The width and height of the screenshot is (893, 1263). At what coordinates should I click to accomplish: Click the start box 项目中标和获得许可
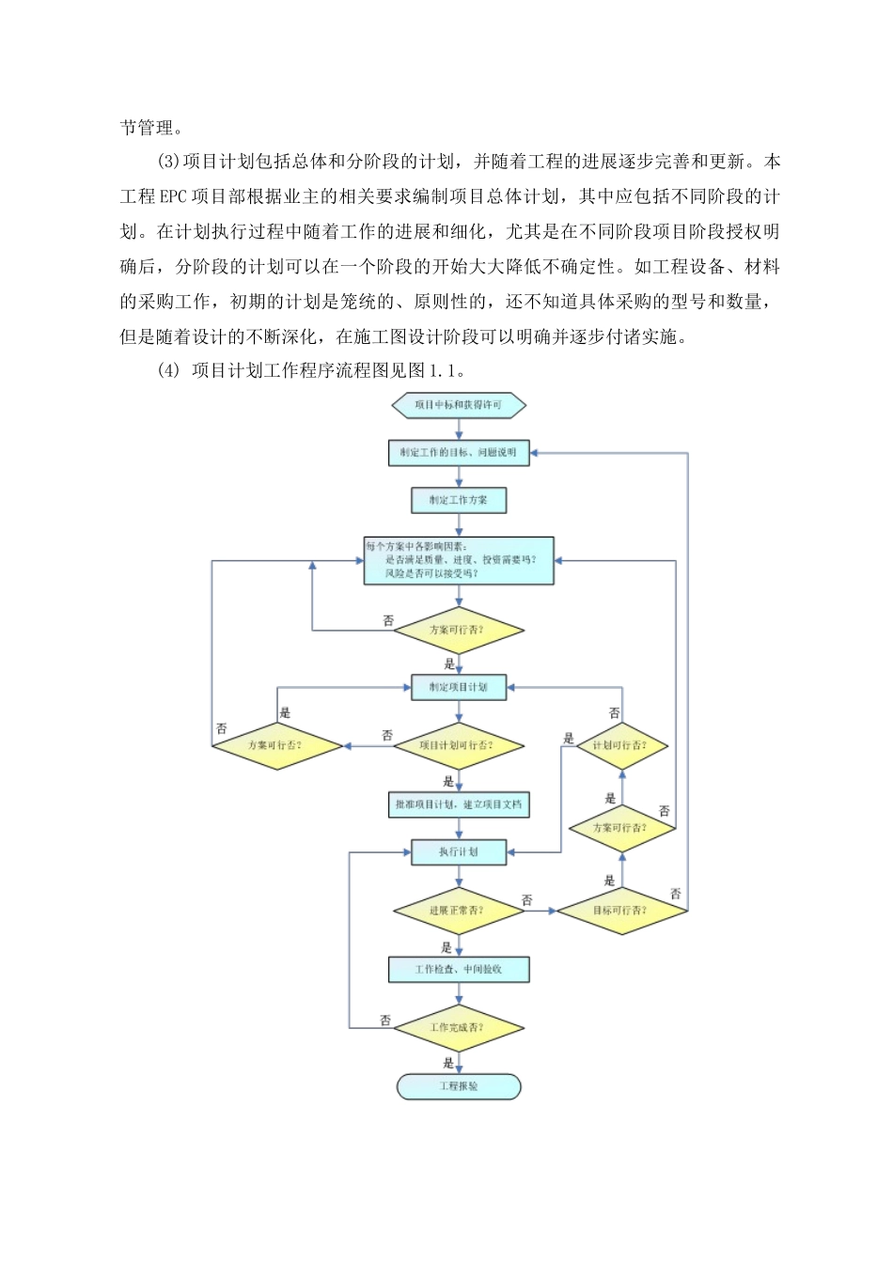point(459,406)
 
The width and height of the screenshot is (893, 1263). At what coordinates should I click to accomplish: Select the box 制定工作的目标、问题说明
point(459,453)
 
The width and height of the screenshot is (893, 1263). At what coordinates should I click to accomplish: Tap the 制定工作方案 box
point(459,500)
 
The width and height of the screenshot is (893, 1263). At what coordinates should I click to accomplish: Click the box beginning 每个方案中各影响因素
point(459,560)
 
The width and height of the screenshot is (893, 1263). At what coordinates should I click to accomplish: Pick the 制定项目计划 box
point(459,688)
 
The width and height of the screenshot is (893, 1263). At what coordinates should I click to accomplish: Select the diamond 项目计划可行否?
point(459,746)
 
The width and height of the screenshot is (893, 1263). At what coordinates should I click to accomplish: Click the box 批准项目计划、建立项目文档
point(459,805)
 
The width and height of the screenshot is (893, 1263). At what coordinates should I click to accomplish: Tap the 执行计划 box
point(459,852)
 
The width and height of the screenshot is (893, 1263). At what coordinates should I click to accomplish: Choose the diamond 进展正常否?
point(459,911)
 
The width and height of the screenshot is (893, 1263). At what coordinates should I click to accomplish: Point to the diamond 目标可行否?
point(620,911)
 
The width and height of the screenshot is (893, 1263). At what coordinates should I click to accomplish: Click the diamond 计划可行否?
point(620,746)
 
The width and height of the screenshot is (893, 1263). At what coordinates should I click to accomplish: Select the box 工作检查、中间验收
point(459,970)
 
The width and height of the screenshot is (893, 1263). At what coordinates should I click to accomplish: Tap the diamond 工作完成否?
point(459,1028)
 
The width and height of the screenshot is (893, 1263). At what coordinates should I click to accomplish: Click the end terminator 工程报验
point(459,1087)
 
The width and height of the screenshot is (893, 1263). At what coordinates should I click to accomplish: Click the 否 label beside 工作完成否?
point(385,1020)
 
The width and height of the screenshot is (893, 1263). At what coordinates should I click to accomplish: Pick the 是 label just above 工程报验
point(447,1063)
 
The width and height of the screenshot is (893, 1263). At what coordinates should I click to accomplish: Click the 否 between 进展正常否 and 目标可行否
point(526,900)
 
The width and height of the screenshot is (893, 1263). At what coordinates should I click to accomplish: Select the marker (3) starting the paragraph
point(167,163)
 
